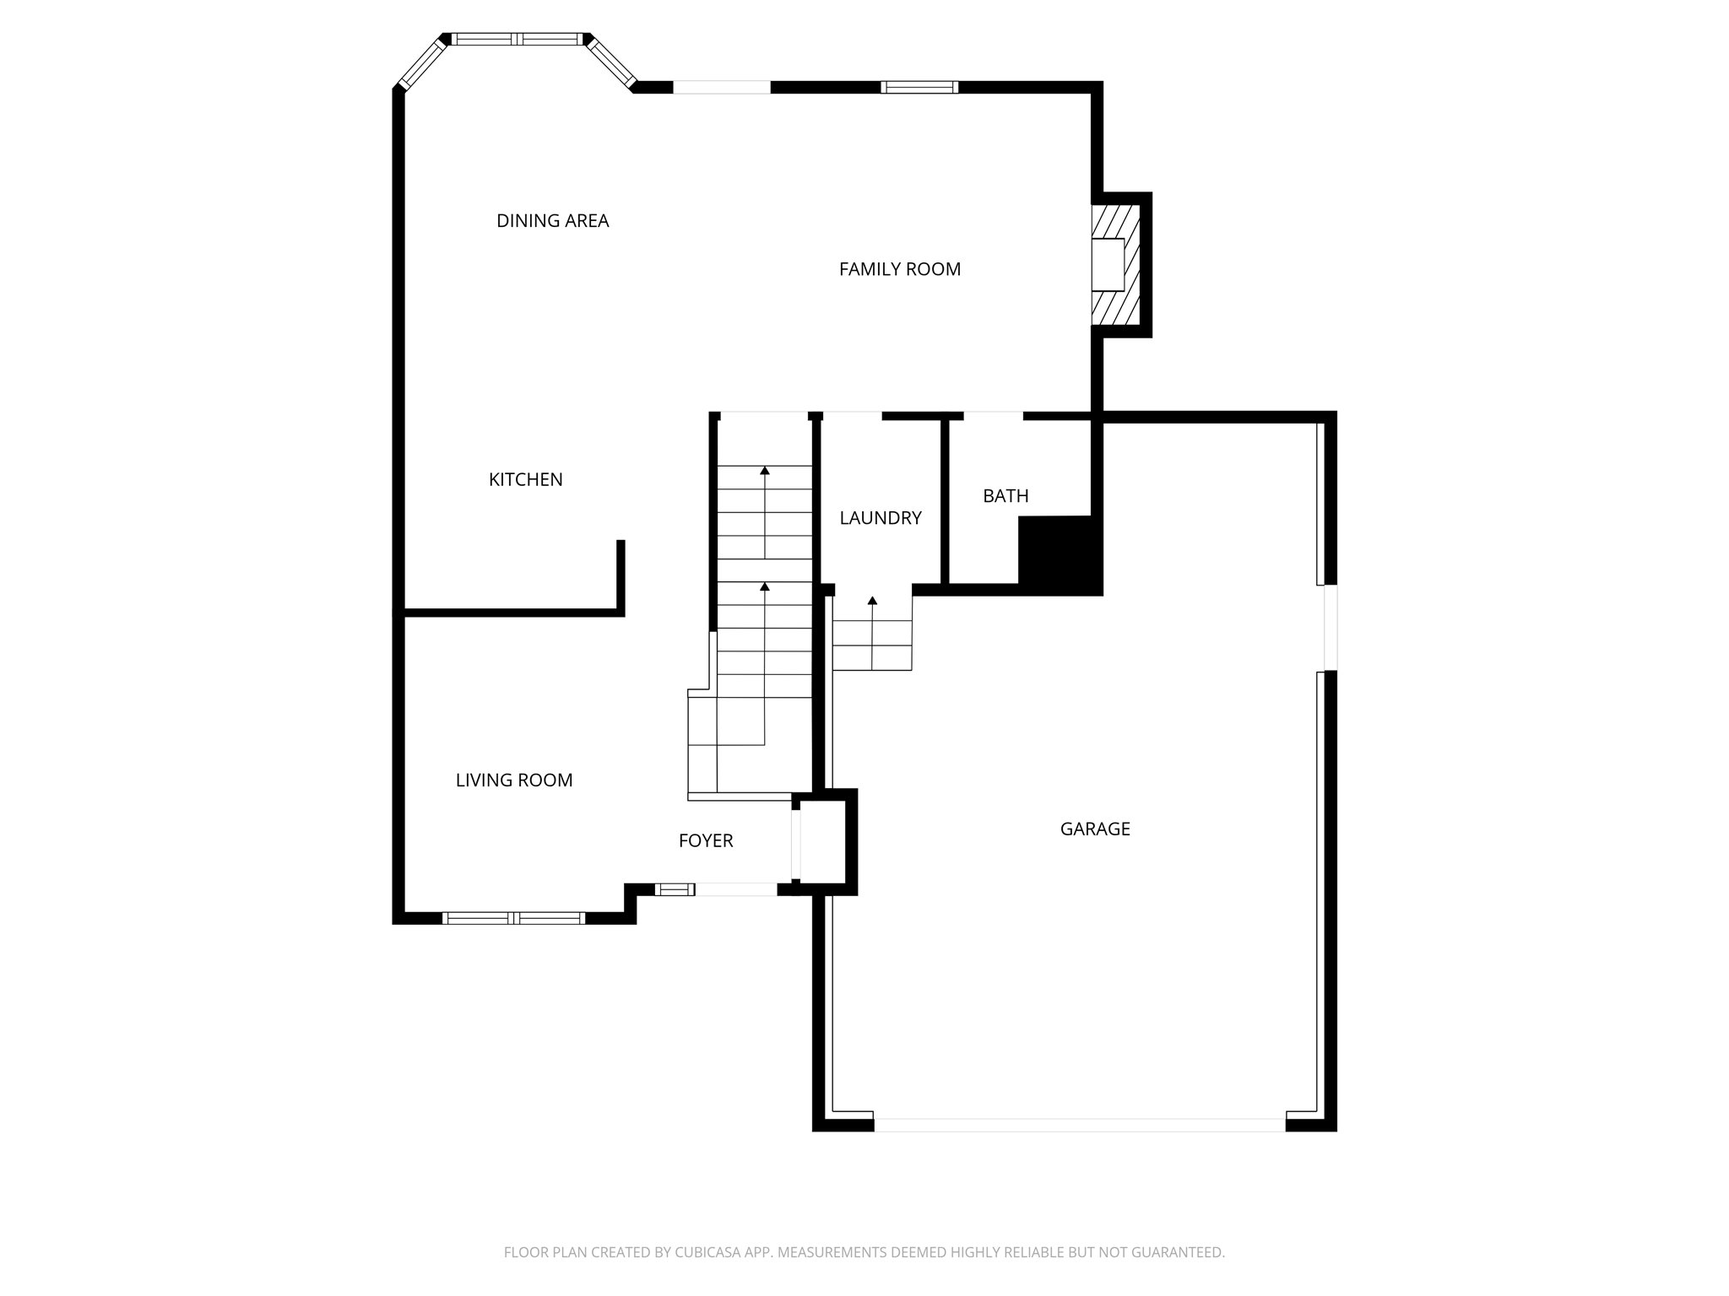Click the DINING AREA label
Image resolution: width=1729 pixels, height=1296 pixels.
[x=552, y=221]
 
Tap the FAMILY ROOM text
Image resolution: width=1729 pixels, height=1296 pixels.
[x=899, y=269]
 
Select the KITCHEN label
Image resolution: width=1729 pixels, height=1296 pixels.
[x=525, y=479]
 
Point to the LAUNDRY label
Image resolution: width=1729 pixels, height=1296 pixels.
[x=880, y=518]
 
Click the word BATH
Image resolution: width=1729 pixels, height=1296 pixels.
[x=1005, y=496]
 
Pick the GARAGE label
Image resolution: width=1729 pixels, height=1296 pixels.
[x=1094, y=829]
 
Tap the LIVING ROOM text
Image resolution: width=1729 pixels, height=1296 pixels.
[x=513, y=780]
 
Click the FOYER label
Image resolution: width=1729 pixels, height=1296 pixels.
[x=705, y=841]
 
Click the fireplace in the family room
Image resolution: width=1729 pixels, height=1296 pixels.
[x=1114, y=264]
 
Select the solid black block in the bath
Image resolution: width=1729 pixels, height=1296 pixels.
[x=1059, y=553]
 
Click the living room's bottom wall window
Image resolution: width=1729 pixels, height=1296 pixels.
[x=513, y=918]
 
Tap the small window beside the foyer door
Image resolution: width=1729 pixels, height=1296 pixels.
[x=674, y=888]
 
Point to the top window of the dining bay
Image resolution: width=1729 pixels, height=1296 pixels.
[x=517, y=39]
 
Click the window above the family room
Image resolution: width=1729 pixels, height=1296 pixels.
[x=919, y=87]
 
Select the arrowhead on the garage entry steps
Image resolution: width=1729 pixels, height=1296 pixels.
[x=872, y=601]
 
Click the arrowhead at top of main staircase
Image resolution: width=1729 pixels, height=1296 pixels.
[x=764, y=470]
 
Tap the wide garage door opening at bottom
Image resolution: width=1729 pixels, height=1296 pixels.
[x=1079, y=1125]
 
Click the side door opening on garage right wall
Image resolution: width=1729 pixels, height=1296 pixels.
[x=1330, y=627]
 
